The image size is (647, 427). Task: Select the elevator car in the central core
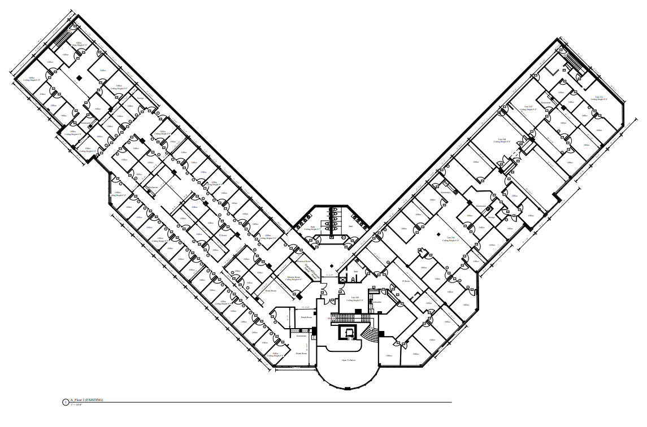tap(348, 333)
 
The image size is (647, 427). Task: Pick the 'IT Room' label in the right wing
tap(405, 281)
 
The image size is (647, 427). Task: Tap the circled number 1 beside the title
tap(66, 402)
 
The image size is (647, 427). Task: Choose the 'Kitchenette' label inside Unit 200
tap(377, 302)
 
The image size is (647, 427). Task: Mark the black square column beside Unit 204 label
tap(438, 233)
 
